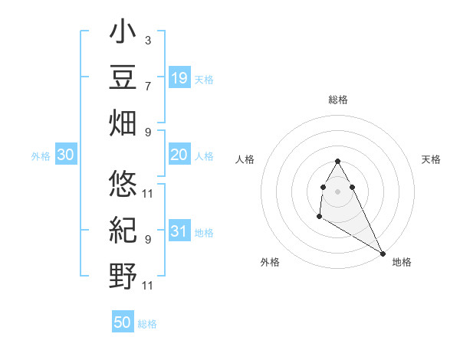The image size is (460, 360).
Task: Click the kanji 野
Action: tap(123, 273)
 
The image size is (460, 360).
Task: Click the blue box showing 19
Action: tap(179, 78)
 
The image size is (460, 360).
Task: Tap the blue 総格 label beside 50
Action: tap(147, 324)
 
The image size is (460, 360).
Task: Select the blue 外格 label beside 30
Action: tap(41, 156)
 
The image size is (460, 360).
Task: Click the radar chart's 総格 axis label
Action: tap(338, 100)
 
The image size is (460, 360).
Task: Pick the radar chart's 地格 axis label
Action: tap(402, 262)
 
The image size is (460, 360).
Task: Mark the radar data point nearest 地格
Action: tap(383, 254)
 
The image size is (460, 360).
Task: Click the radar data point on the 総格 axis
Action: tap(338, 161)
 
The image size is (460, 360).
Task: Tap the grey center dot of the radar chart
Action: tap(338, 191)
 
